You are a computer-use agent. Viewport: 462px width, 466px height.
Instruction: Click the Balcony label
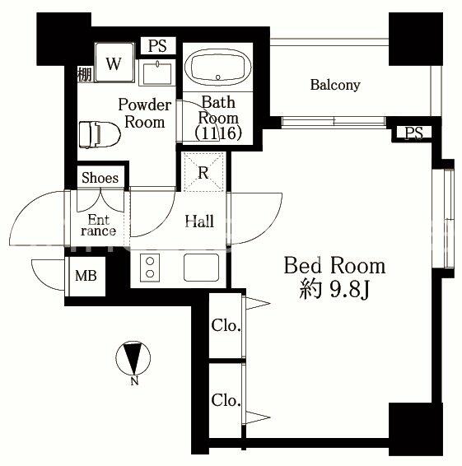(334, 85)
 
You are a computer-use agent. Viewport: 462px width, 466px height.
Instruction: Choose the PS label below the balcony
(413, 133)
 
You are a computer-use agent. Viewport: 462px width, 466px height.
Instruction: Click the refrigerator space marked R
(203, 173)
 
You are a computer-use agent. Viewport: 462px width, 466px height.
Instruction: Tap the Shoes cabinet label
(100, 178)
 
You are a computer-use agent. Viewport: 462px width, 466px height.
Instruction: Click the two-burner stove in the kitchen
(151, 267)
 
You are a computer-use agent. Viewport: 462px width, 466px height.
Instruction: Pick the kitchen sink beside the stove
(201, 267)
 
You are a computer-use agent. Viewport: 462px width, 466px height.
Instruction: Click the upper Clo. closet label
(226, 326)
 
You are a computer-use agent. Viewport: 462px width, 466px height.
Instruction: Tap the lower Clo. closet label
(226, 401)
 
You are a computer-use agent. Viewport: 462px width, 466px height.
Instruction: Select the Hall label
(199, 221)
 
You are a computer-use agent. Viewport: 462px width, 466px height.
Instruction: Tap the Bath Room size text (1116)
(217, 133)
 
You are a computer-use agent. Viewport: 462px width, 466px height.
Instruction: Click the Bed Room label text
(334, 266)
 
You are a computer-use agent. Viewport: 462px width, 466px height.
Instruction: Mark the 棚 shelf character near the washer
(84, 73)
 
